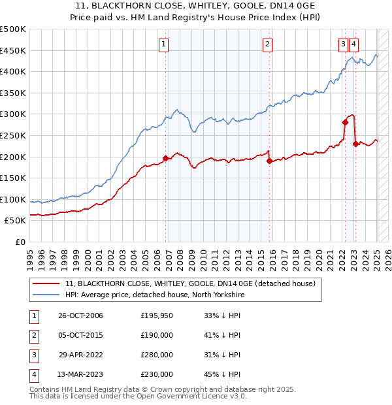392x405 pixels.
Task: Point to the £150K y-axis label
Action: pos(13,178)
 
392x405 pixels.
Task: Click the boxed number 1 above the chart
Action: pos(163,44)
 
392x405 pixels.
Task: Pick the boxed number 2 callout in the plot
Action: pos(268,44)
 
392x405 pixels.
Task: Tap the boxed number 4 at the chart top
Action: pos(353,44)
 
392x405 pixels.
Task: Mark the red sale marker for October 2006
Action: pos(166,158)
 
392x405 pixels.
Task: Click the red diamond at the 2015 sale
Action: pos(269,161)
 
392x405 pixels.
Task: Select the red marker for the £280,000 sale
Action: pos(345,122)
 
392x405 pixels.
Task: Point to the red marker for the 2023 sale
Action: pos(355,144)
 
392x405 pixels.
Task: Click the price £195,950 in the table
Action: pos(157,316)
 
